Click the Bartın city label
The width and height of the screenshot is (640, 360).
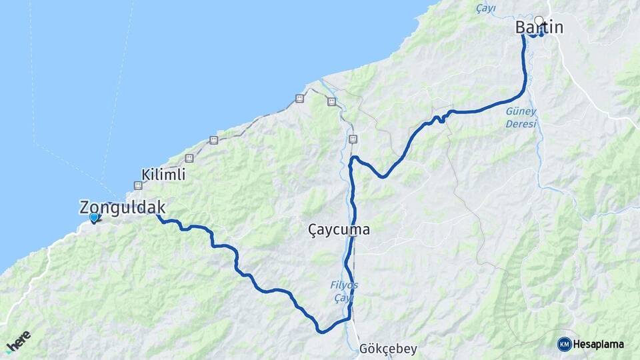[x=539, y=27]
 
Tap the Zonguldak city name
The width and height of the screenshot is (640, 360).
[x=122, y=207]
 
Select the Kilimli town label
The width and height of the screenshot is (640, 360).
[x=163, y=175]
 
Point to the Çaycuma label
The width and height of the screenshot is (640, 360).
[x=339, y=229]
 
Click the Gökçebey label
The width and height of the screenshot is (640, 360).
[x=387, y=349]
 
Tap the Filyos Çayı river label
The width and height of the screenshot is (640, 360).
[x=345, y=291]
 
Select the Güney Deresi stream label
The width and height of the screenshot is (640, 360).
[x=521, y=118]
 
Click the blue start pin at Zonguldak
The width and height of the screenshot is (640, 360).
[x=94, y=217]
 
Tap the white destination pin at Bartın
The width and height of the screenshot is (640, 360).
[x=539, y=21]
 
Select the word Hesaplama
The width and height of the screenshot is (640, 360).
[x=598, y=344]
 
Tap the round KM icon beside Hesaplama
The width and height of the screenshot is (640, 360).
[x=564, y=344]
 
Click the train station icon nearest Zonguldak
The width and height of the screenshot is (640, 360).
[x=138, y=185]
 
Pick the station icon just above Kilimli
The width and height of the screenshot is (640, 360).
[x=189, y=158]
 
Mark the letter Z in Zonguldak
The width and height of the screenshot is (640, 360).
[x=85, y=207]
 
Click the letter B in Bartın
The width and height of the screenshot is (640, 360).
[x=521, y=27]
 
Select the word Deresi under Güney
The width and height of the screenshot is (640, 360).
[x=522, y=124]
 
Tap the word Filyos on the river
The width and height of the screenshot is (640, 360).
[x=345, y=285]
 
